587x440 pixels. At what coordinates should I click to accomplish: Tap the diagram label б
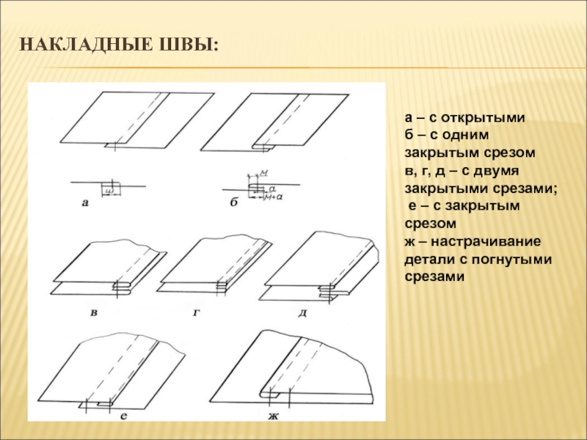234,203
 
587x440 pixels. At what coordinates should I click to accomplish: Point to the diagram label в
94,314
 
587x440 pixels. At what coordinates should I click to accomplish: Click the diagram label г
197,313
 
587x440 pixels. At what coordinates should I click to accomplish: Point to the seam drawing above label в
110,268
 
